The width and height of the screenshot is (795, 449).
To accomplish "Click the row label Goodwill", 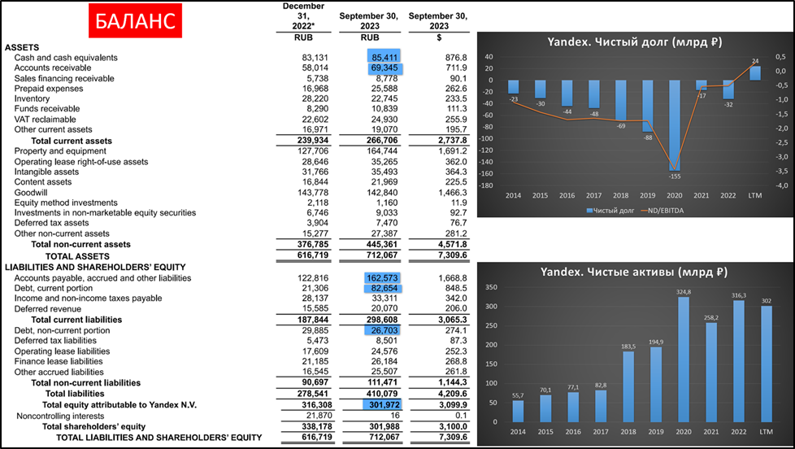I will pos(31,192).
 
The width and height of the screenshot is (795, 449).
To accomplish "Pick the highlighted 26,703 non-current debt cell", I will pos(386,331).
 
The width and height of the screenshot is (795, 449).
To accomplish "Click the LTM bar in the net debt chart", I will pos(755,72).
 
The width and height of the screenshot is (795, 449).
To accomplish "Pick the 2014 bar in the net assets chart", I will pos(519,410).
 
